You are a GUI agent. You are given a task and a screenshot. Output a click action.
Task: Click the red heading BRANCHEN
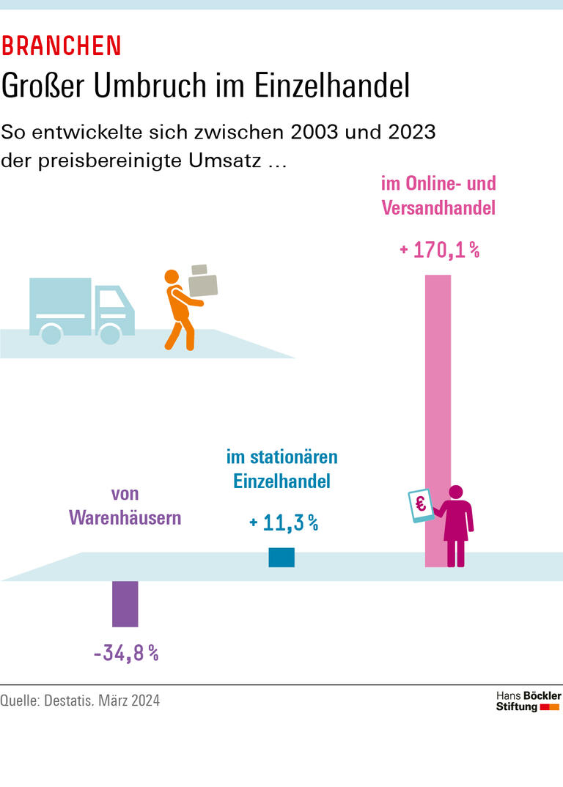click(x=61, y=46)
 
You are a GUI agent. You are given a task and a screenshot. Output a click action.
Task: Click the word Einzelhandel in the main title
click(x=331, y=86)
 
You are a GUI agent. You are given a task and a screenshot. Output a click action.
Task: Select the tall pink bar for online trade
click(x=438, y=381)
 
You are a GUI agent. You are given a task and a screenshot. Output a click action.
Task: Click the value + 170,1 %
click(x=439, y=251)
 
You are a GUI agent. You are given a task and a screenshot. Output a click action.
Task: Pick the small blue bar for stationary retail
click(x=281, y=558)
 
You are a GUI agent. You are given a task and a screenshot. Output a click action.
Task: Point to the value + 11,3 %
click(x=284, y=522)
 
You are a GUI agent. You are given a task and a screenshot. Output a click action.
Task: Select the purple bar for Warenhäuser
click(x=125, y=604)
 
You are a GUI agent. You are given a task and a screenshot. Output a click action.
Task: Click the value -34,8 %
click(x=126, y=653)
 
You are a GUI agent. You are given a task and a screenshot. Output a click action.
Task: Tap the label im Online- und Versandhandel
click(x=438, y=195)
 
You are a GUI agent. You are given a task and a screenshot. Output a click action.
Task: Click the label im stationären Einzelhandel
click(x=282, y=470)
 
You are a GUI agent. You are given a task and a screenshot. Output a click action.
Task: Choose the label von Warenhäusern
click(x=125, y=506)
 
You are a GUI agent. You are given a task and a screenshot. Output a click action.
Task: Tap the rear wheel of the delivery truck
click(x=51, y=334)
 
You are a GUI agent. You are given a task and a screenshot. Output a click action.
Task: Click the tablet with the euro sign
click(x=421, y=506)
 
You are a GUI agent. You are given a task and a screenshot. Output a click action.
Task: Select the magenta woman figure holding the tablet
click(x=456, y=524)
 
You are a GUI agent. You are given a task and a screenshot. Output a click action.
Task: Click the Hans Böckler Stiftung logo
click(x=528, y=701)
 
